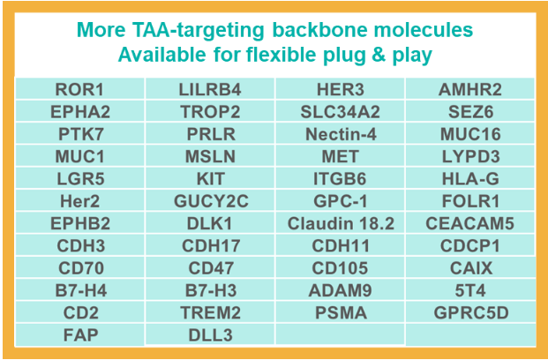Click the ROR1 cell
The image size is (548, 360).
[79, 89]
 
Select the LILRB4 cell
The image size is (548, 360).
[210, 89]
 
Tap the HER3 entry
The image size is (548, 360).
[341, 89]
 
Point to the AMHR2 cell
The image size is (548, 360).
[470, 89]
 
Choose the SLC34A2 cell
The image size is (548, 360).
[341, 112]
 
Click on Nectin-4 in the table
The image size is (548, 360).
[341, 134]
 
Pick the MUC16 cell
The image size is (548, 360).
[470, 134]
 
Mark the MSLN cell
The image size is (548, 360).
[210, 156]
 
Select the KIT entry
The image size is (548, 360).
[210, 179]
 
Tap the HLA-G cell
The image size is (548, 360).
[470, 179]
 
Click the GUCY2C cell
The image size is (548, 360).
[211, 201]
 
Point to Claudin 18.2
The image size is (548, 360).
[341, 223]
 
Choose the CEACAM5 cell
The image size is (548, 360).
[470, 223]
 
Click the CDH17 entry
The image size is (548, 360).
[211, 245]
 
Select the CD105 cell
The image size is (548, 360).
[340, 268]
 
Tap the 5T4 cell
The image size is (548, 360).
[470, 290]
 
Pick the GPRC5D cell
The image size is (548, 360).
[471, 313]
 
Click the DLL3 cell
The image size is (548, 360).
[210, 335]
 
